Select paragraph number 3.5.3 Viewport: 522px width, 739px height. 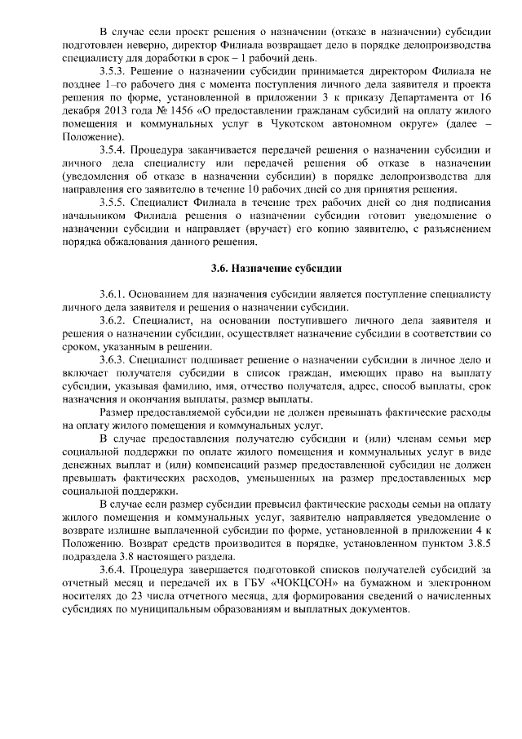click(x=113, y=71)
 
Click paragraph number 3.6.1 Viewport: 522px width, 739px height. click(x=113, y=295)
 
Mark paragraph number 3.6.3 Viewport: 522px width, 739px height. click(x=113, y=360)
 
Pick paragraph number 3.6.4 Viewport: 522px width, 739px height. click(x=113, y=569)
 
